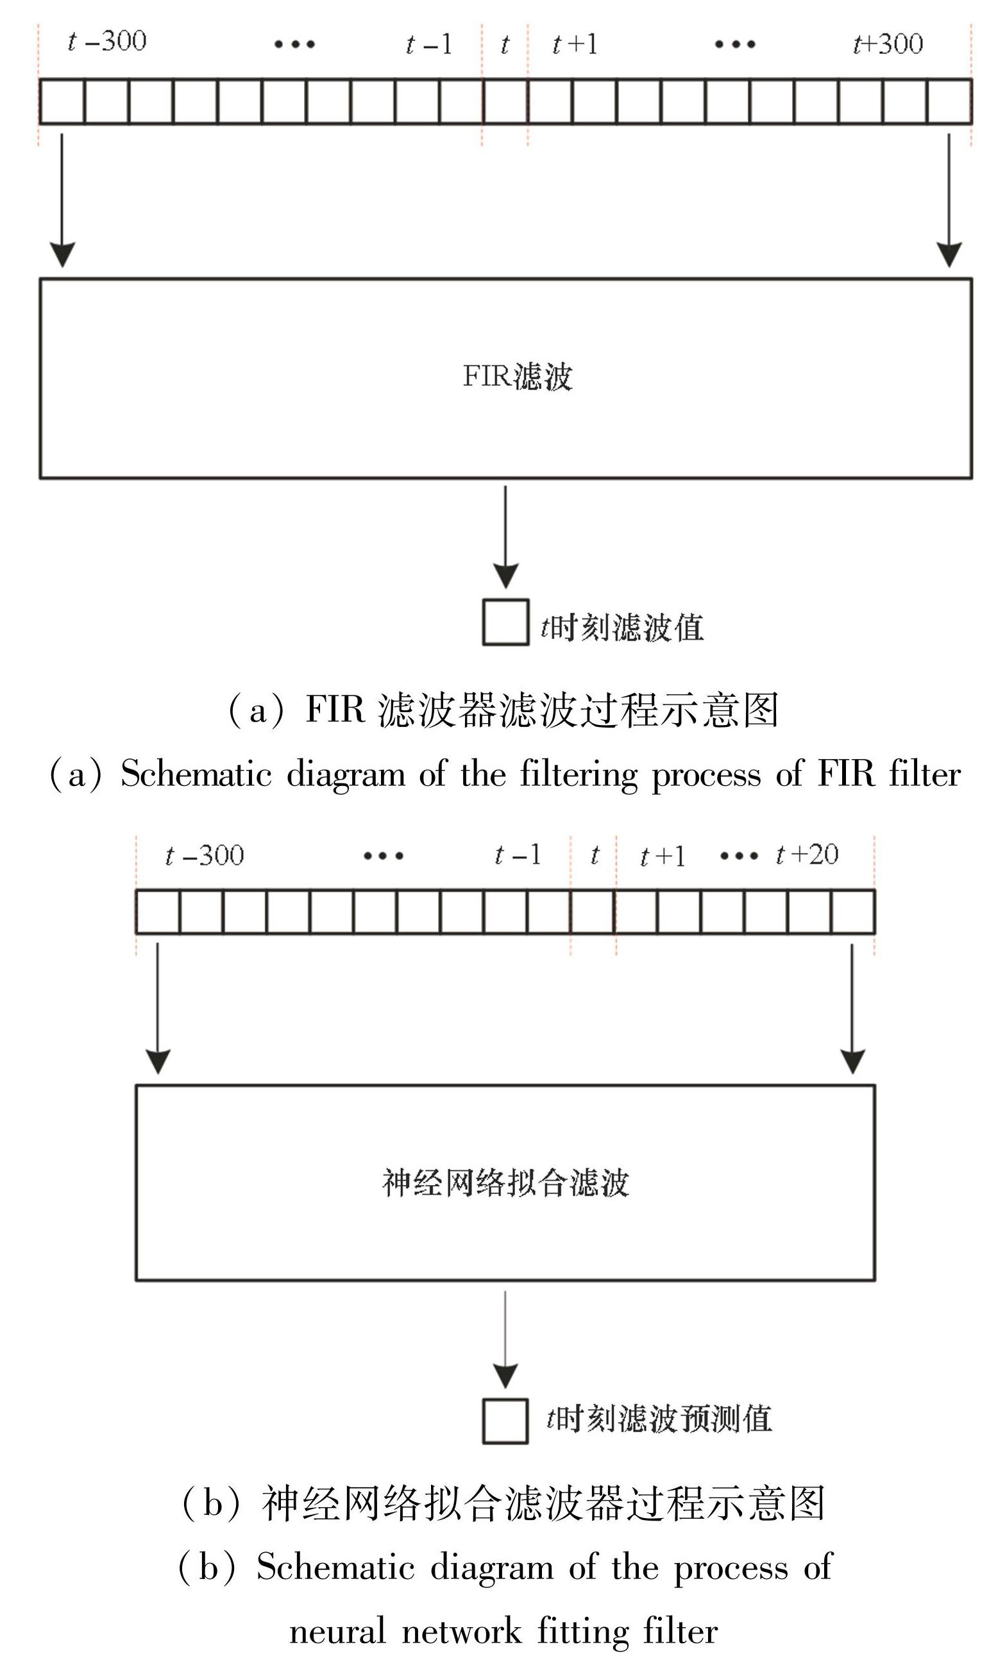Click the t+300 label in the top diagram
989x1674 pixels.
tap(888, 44)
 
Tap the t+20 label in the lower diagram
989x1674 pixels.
tap(807, 855)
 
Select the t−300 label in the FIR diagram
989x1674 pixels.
tap(107, 41)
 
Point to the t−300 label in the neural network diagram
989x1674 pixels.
tap(205, 855)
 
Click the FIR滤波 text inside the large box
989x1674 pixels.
tap(518, 377)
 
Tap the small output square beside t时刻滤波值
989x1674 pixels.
tap(505, 622)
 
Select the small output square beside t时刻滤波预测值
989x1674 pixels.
tap(505, 1422)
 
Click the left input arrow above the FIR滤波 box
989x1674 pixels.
tap(62, 200)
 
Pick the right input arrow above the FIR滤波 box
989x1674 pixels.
tap(949, 200)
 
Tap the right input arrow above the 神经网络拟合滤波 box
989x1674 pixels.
tap(852, 1007)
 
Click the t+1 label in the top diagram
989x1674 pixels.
tap(575, 45)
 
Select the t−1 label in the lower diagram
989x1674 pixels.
tap(518, 855)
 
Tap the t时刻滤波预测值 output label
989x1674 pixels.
tap(659, 1419)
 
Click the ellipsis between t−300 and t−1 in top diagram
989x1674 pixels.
tap(294, 45)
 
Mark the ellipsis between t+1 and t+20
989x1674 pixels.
tap(739, 856)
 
